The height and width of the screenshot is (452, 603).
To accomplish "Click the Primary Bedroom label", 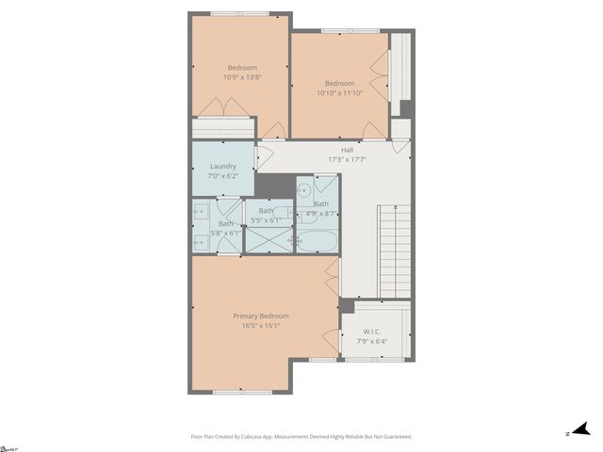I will coord(261,315).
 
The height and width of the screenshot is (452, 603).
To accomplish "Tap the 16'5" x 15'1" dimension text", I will coord(261,326).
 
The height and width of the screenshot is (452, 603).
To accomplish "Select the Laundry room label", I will coord(223,166).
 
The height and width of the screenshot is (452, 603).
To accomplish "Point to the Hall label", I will coord(347,150).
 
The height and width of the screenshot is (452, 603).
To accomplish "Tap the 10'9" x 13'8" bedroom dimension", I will coord(240,77).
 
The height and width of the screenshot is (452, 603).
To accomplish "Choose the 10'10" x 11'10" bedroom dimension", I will coord(339,93).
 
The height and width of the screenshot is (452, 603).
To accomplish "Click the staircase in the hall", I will coord(395,250).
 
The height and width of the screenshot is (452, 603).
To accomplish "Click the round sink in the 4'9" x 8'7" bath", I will coord(304,189).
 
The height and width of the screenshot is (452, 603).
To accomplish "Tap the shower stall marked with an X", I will coord(269,239).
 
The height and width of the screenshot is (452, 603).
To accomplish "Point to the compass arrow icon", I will coord(581,429).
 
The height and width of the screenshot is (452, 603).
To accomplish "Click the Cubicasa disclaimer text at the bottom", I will coord(301,437).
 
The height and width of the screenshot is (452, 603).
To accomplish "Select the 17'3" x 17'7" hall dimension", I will coord(347,160).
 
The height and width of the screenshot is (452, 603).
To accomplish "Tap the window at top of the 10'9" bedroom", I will coord(239,13).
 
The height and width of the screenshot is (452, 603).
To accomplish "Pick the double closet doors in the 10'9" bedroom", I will coord(224,109).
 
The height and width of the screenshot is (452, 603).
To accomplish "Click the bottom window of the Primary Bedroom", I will coord(239,392).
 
